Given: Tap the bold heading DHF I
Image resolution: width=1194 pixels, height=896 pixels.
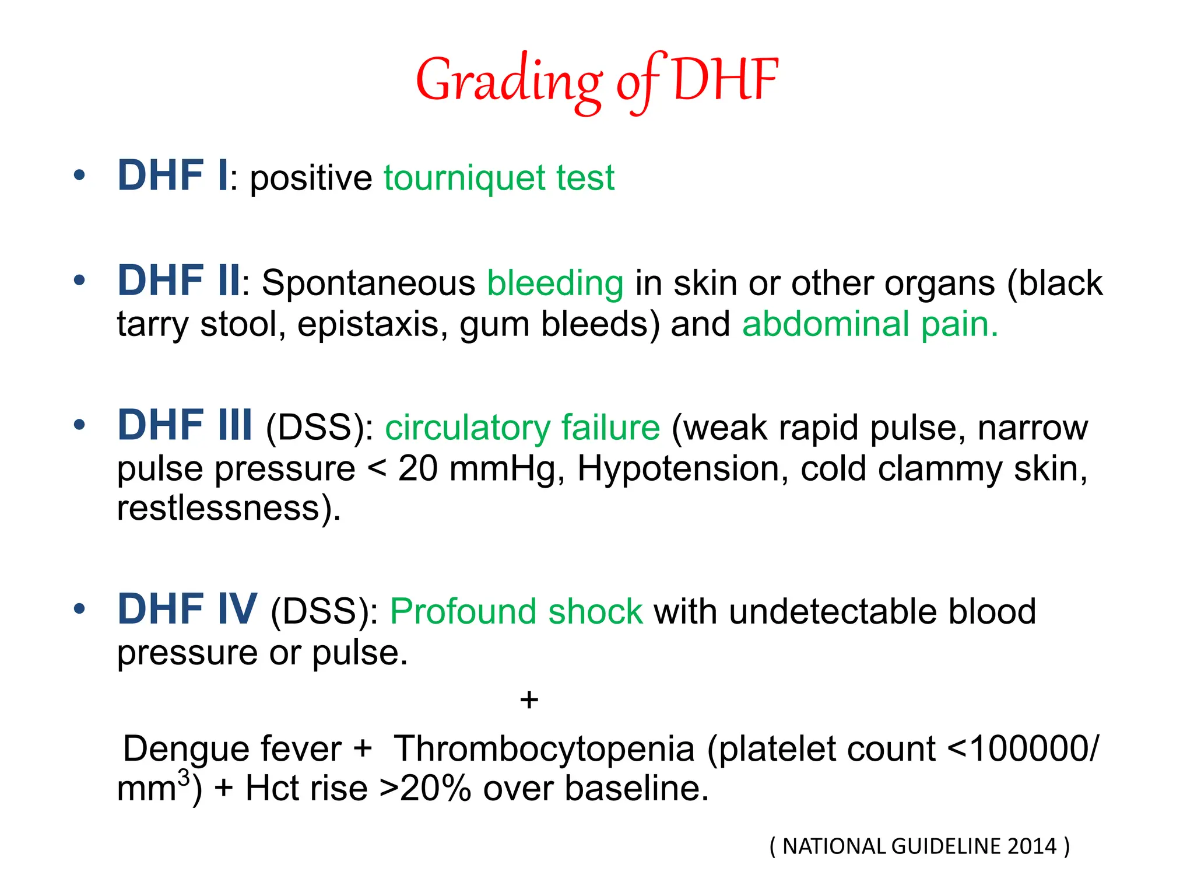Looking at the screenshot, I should point(173,176).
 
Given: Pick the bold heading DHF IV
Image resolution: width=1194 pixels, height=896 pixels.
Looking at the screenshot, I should point(187,609).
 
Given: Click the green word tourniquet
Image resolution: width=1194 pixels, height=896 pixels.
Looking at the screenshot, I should point(464,178).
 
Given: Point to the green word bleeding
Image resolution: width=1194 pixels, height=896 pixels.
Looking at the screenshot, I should point(555,283).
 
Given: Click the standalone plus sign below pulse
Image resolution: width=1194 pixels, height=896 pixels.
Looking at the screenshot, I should point(529,699).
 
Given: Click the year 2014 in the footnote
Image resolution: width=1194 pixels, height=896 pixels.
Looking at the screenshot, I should point(1032,846).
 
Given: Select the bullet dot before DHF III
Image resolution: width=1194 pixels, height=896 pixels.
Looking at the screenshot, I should point(80,425).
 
